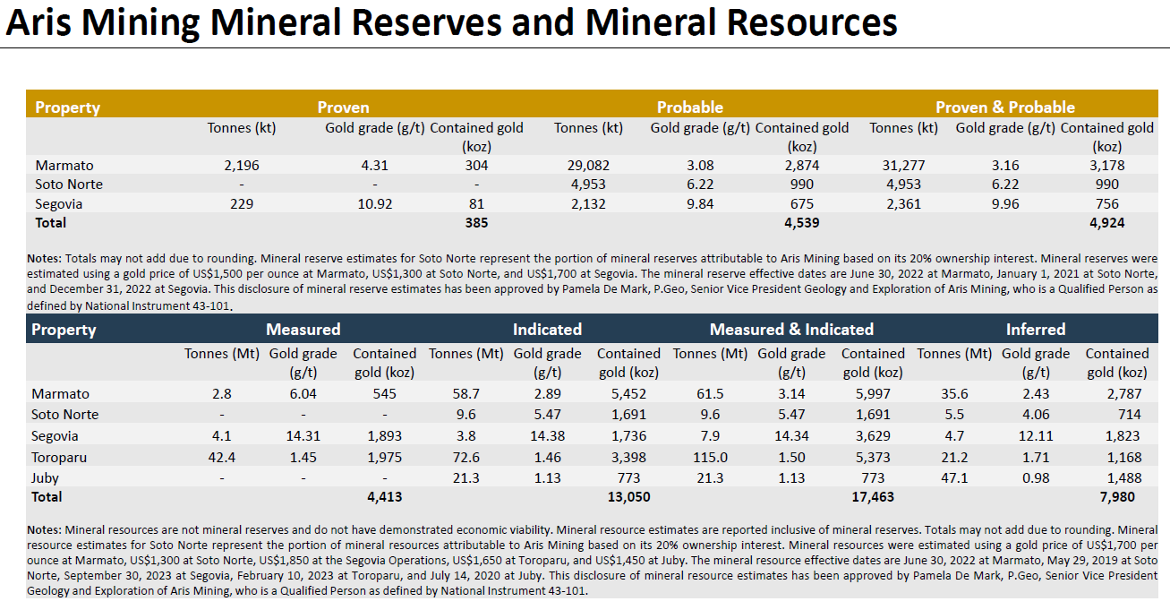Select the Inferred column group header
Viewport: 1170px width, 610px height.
click(x=1036, y=330)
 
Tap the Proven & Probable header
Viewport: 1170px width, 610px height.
click(x=1005, y=107)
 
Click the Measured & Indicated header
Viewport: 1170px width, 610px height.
click(x=791, y=330)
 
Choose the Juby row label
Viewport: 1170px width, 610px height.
click(x=46, y=477)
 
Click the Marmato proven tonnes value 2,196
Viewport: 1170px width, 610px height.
click(x=242, y=166)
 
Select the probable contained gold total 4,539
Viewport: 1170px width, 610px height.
click(x=801, y=222)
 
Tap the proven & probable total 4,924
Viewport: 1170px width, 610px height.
click(x=1107, y=222)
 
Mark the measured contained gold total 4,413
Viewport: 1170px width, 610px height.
click(x=384, y=496)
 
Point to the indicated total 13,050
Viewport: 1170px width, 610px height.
click(x=628, y=496)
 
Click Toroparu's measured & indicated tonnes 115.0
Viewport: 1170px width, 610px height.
click(x=710, y=458)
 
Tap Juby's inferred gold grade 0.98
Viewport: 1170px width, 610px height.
click(x=1036, y=477)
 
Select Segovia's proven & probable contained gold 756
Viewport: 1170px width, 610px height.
click(x=1107, y=203)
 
